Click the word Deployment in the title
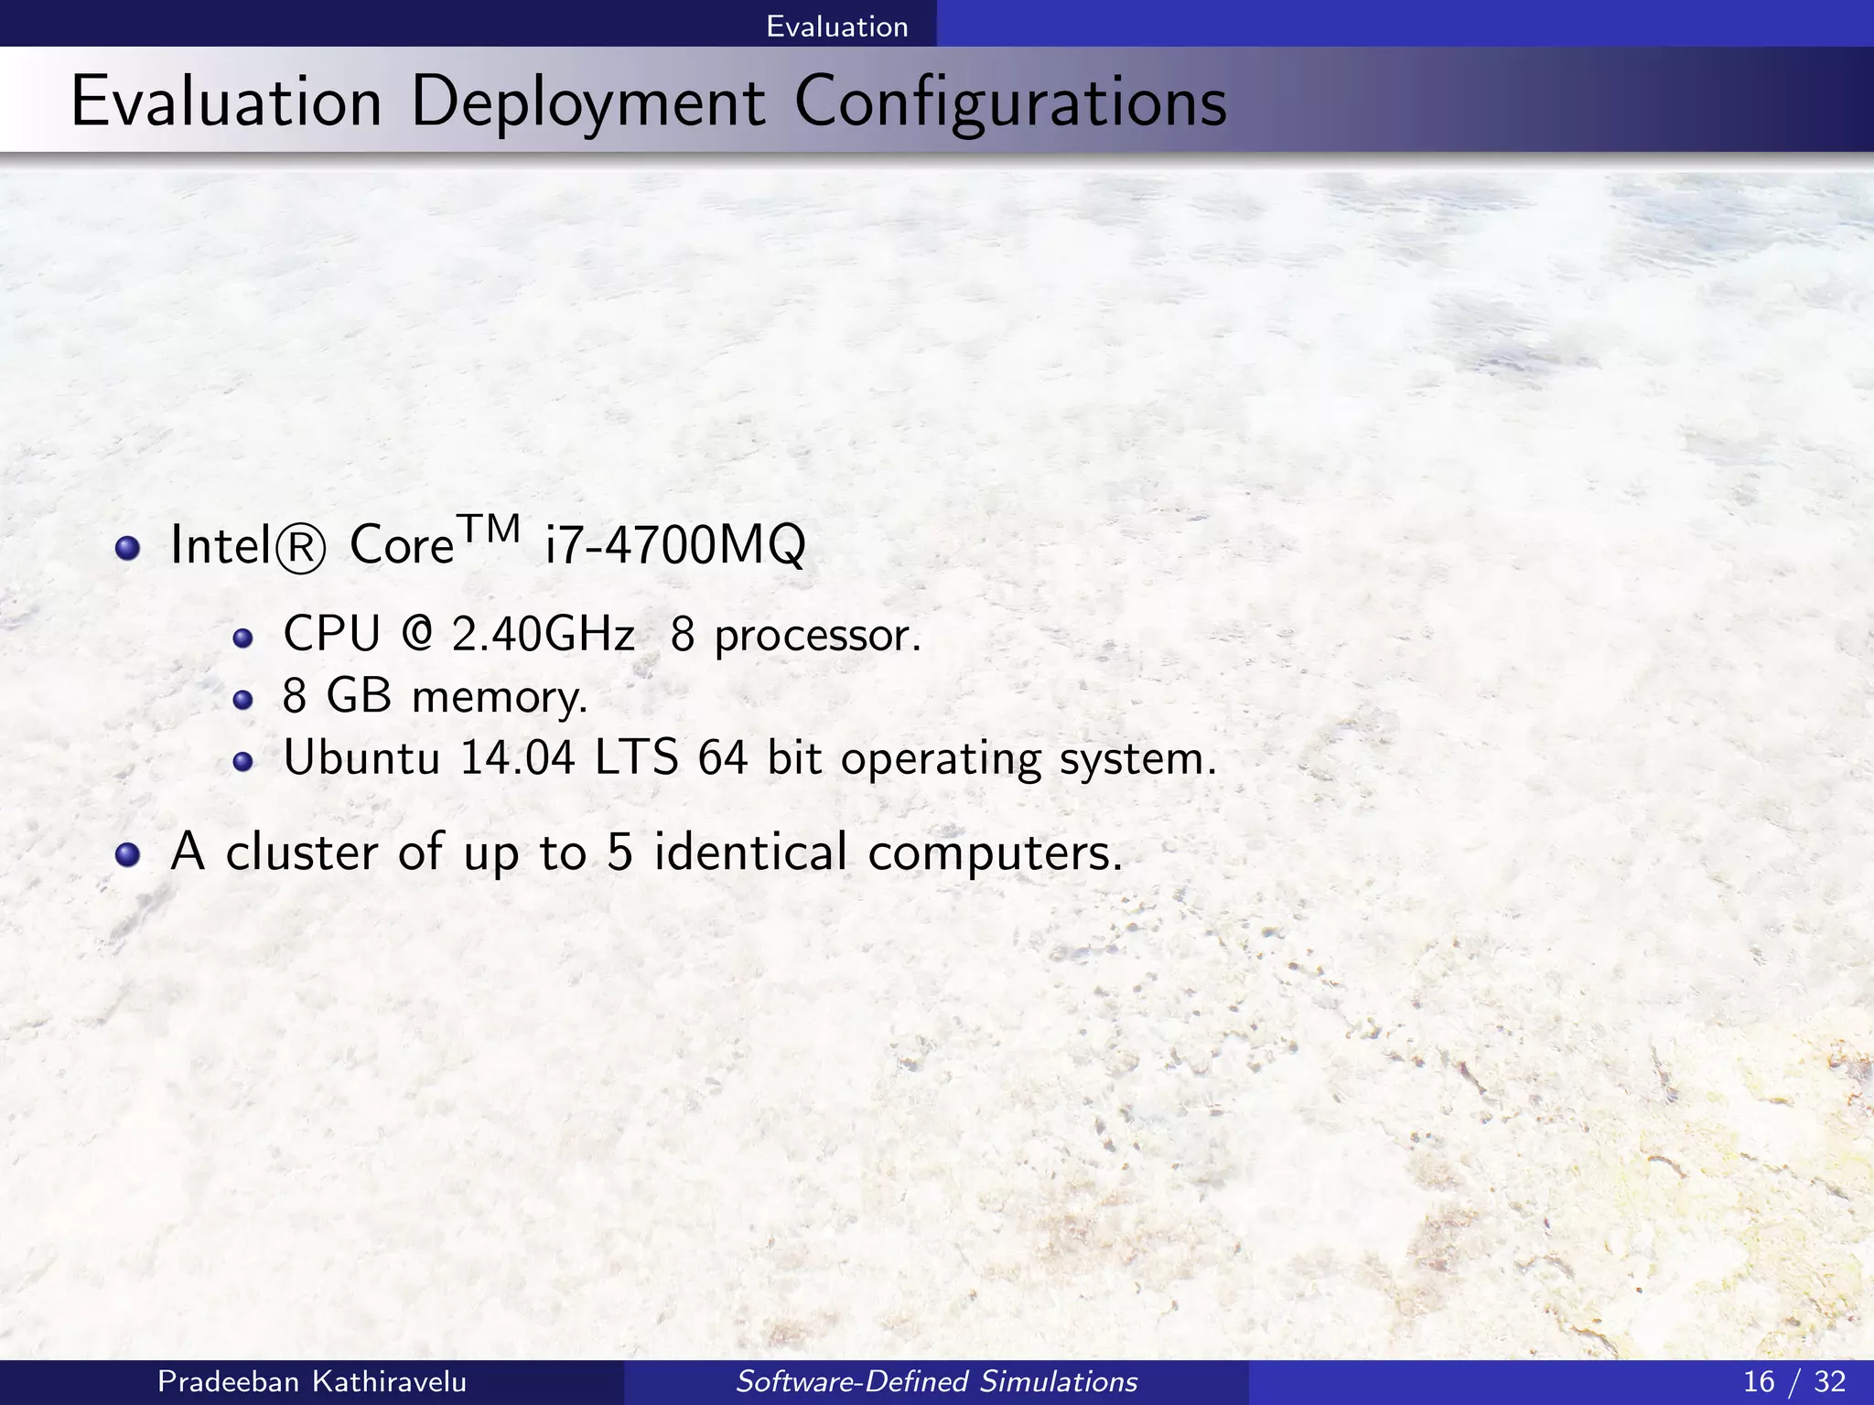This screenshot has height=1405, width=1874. tap(587, 102)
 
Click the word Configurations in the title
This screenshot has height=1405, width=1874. tap(1009, 102)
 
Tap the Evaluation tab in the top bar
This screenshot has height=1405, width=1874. tap(836, 26)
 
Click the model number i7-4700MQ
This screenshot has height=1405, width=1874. tap(675, 545)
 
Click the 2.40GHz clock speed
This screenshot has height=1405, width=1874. tap(543, 634)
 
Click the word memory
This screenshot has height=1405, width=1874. tap(500, 697)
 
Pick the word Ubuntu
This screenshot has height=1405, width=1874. tap(361, 757)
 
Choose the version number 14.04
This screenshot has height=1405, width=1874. tap(517, 757)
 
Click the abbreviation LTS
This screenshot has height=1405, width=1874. tap(636, 757)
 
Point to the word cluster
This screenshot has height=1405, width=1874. tap(301, 852)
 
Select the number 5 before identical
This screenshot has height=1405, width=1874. tap(619, 852)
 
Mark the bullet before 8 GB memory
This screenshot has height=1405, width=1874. tap(242, 700)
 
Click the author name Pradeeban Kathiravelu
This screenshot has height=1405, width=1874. tap(312, 1381)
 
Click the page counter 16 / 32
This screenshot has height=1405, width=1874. tap(1793, 1381)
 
